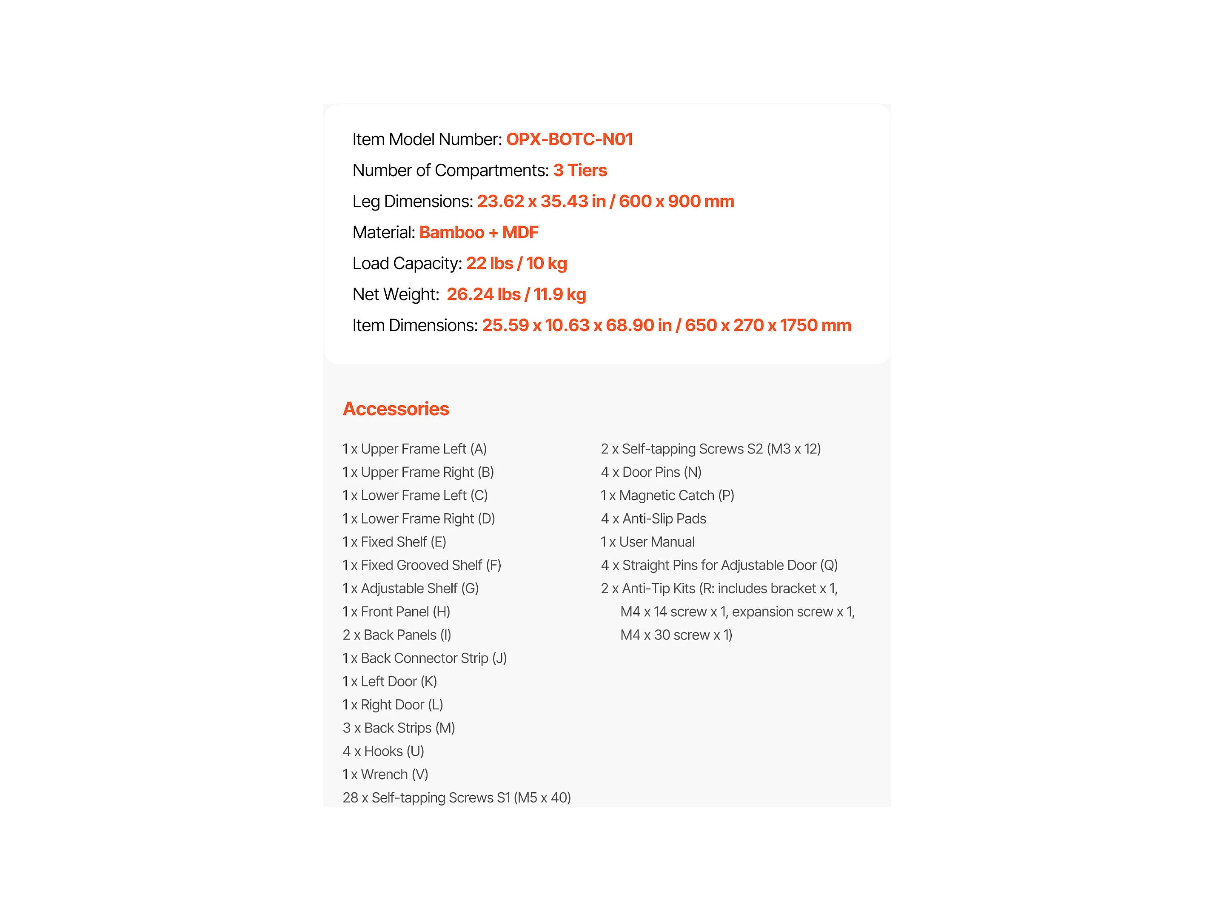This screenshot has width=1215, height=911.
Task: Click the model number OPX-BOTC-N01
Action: pyautogui.click(x=569, y=139)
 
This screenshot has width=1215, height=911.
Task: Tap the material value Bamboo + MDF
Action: pyautogui.click(x=479, y=232)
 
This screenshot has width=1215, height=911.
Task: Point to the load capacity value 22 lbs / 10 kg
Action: pyautogui.click(x=516, y=264)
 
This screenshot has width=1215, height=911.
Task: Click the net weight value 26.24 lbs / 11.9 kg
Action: pyautogui.click(x=516, y=294)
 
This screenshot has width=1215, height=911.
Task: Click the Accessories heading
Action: pyautogui.click(x=396, y=409)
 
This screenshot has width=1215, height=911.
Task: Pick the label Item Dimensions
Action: pyautogui.click(x=415, y=326)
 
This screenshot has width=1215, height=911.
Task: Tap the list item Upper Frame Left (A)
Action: pyautogui.click(x=415, y=449)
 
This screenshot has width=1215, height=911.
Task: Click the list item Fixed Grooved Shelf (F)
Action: pyautogui.click(x=422, y=566)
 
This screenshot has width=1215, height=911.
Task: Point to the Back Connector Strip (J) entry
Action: pyautogui.click(x=425, y=658)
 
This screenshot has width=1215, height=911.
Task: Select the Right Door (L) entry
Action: pyautogui.click(x=393, y=705)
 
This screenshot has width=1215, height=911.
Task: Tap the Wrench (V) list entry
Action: pyautogui.click(x=385, y=775)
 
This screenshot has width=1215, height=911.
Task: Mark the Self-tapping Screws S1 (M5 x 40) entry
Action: pyautogui.click(x=456, y=798)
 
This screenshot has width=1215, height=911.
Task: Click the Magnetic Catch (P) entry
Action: pyautogui.click(x=667, y=496)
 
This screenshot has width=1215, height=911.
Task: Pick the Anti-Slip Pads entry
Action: pyautogui.click(x=653, y=519)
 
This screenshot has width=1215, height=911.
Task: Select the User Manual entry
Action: pyautogui.click(x=647, y=543)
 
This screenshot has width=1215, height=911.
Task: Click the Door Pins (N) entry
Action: pyautogui.click(x=651, y=472)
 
